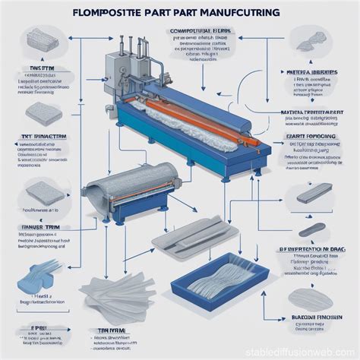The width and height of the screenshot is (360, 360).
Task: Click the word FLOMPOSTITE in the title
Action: coord(97,14)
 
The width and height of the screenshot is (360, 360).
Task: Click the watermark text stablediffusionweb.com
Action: coord(309,351)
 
